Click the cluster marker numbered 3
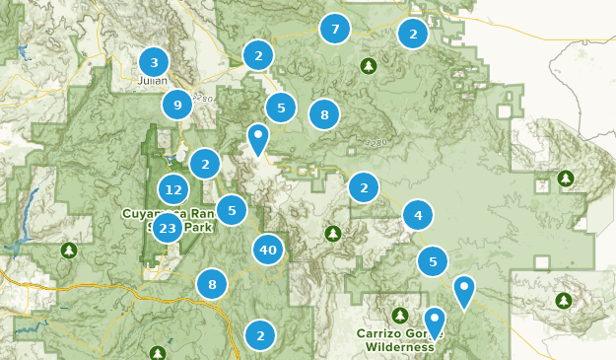coord(154,62)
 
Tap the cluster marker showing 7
coord(335,29)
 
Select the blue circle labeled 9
coord(177,104)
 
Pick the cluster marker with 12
coord(173,189)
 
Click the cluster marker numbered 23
coord(168,229)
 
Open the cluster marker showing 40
coord(268,250)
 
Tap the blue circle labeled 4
coord(418,214)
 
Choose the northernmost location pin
coord(258,137)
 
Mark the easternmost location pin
coord(463,289)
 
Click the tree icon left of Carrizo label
coord(399,315)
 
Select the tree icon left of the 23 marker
coord(68,250)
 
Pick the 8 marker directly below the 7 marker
coord(323,114)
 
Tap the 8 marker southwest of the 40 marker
coord(212,285)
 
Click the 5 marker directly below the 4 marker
coord(433,261)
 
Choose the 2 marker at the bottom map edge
coord(259,335)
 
